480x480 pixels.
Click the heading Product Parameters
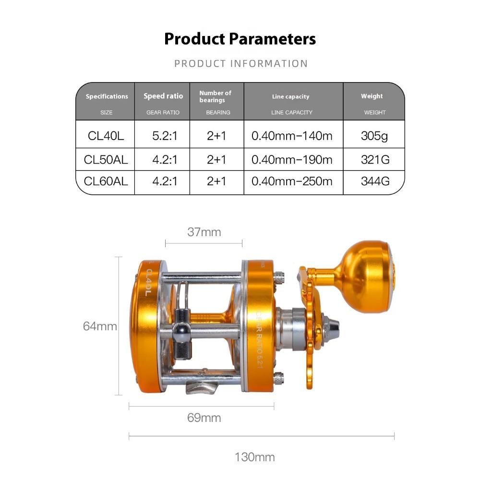pyautogui.click(x=240, y=38)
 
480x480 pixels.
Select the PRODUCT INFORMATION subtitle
pyautogui.click(x=241, y=63)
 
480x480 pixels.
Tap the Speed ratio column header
pyautogui.click(x=163, y=96)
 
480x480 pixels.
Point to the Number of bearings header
pyautogui.click(x=216, y=96)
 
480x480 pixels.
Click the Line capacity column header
pyautogui.click(x=291, y=96)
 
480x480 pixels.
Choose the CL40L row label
pyautogui.click(x=106, y=136)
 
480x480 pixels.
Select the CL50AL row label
pyautogui.click(x=106, y=159)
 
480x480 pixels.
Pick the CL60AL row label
pyautogui.click(x=106, y=181)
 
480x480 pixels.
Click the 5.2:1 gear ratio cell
pyautogui.click(x=165, y=136)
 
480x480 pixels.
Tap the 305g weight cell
pyautogui.click(x=374, y=136)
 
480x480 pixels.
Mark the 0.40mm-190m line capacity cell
pyautogui.click(x=292, y=159)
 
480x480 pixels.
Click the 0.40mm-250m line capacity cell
pyautogui.click(x=292, y=181)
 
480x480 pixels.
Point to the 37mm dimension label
pyautogui.click(x=204, y=232)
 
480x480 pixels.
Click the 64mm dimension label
pyautogui.click(x=100, y=326)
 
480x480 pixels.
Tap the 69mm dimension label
pyautogui.click(x=204, y=418)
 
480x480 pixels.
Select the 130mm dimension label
pyautogui.click(x=254, y=456)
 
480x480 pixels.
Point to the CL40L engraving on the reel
pyautogui.click(x=148, y=282)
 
